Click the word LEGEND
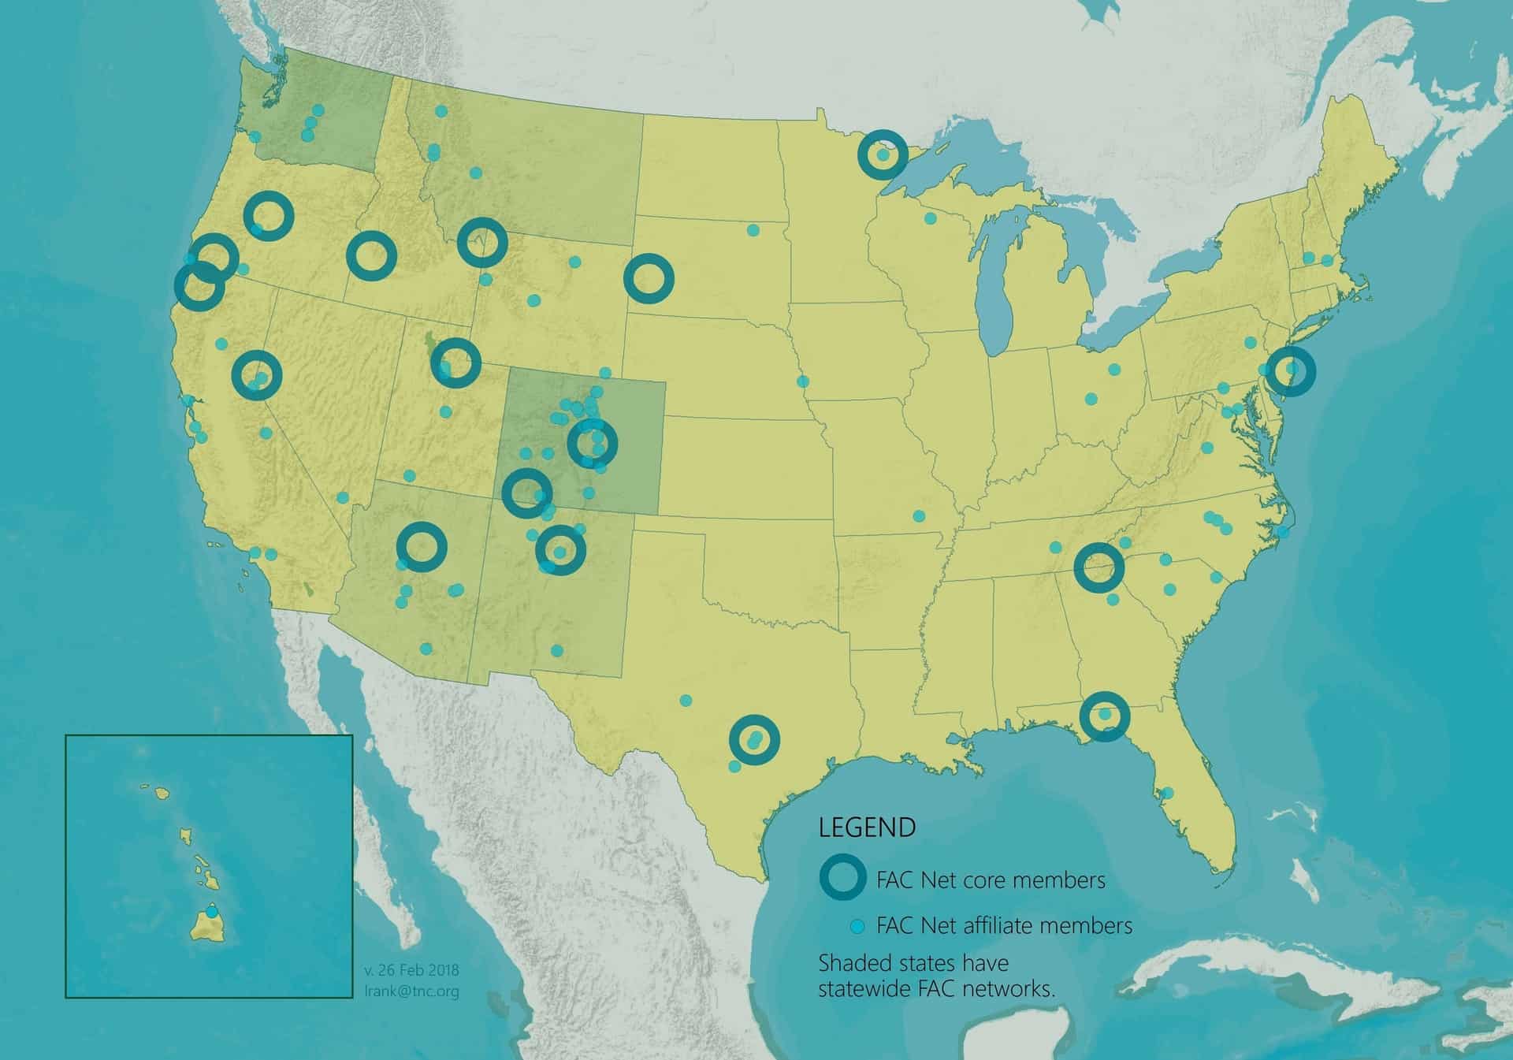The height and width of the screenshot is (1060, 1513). click(x=867, y=828)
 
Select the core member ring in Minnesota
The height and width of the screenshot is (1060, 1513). click(x=883, y=154)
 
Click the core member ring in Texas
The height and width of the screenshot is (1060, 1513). click(x=754, y=739)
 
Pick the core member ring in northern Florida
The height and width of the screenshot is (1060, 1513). click(x=1104, y=716)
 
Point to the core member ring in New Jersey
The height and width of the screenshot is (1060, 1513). click(x=1291, y=370)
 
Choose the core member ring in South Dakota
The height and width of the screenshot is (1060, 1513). click(x=649, y=278)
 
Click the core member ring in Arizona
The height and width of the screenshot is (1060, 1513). click(x=422, y=546)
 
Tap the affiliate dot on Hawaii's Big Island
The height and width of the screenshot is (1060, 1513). click(x=211, y=912)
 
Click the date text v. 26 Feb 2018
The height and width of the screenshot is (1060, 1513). click(x=411, y=970)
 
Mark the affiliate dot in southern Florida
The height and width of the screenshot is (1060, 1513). click(x=1168, y=793)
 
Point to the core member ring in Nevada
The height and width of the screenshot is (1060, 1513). click(x=257, y=374)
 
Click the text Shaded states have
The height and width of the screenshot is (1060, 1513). click(x=913, y=963)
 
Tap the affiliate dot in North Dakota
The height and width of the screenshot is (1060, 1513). click(x=753, y=230)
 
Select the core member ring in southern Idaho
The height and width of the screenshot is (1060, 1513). click(x=371, y=255)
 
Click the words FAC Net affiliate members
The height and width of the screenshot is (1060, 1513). click(x=1004, y=925)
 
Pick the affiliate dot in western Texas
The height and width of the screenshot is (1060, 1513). click(x=686, y=700)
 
